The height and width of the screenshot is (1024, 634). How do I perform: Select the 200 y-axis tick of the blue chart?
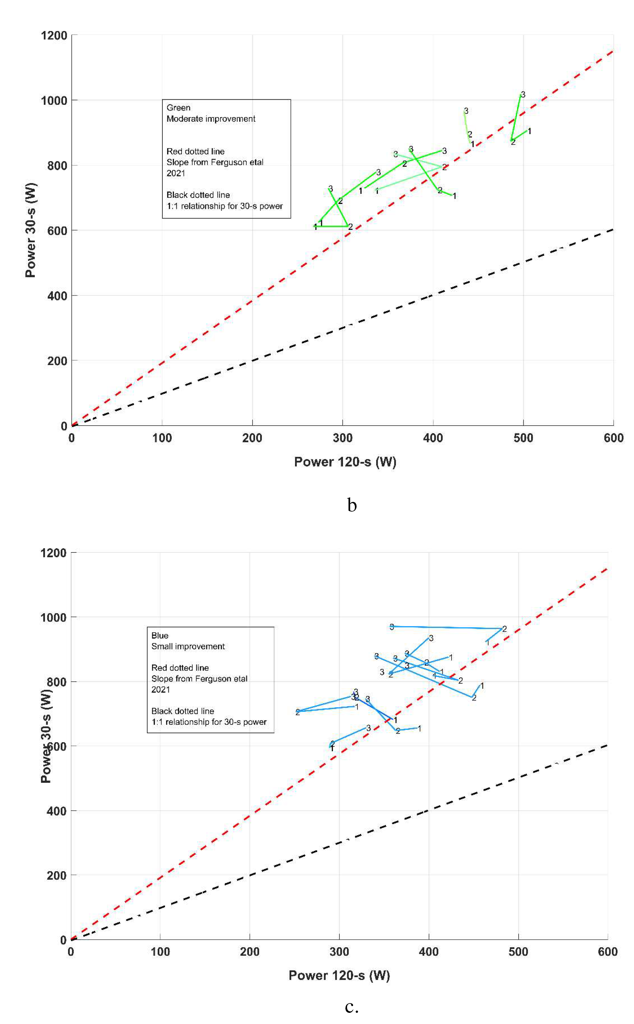(x=57, y=876)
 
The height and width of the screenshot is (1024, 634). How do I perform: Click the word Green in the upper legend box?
(x=178, y=108)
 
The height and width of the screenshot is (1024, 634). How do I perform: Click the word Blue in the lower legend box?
(x=160, y=636)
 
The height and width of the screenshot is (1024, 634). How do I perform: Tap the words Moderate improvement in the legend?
(x=211, y=119)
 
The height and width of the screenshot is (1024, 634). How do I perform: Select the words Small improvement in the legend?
(x=188, y=646)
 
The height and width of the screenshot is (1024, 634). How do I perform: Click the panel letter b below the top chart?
(x=352, y=505)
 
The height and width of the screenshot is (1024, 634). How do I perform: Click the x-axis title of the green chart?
(x=345, y=462)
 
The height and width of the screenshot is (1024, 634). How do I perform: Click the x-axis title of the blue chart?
(x=339, y=975)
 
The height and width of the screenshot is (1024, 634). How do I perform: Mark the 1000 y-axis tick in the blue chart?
(x=54, y=617)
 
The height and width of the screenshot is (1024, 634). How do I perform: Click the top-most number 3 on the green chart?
(x=523, y=95)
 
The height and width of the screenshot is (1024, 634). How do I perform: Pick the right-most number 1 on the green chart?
(x=529, y=131)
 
